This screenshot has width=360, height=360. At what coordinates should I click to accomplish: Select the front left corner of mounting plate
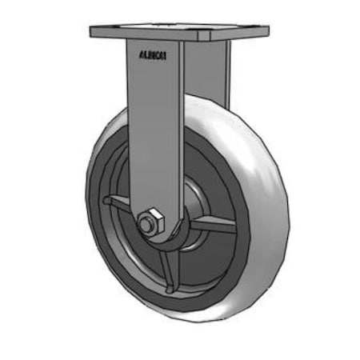[x=93, y=34]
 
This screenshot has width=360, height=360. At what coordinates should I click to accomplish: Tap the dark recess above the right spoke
[x=210, y=192]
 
